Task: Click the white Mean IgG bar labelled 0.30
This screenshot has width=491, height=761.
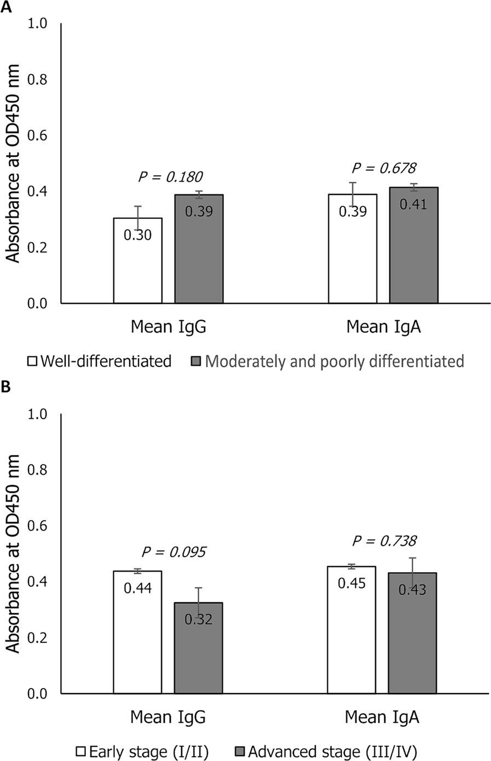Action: point(138,268)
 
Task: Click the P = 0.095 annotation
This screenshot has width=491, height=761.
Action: point(173,552)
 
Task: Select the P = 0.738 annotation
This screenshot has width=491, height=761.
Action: point(384,541)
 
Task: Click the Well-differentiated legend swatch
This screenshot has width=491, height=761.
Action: point(33,362)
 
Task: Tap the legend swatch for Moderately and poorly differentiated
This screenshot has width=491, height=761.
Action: point(195,362)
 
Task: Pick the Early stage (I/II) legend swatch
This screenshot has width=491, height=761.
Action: point(81,750)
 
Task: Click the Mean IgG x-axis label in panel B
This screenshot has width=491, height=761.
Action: point(168,717)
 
